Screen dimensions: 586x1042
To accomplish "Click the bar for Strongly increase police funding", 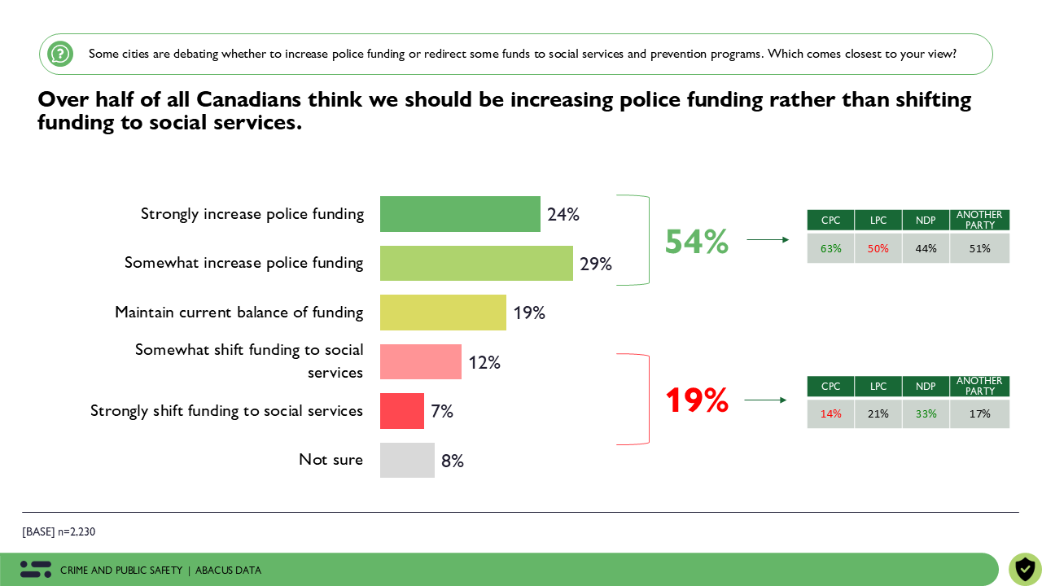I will tap(460, 214).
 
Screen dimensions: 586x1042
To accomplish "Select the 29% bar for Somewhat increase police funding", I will tap(476, 263).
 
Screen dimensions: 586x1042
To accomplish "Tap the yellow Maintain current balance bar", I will tap(443, 313).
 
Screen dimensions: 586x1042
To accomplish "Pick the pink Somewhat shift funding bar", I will tap(420, 361).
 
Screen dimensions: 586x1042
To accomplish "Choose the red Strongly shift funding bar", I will tap(401, 411).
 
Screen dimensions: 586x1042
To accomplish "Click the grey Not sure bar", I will tap(407, 460).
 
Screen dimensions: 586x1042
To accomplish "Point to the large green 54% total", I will tap(696, 242).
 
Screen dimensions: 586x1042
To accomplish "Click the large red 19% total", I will tap(696, 400).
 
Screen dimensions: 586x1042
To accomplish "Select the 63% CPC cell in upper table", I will tap(830, 248).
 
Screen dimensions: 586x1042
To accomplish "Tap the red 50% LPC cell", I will tap(878, 248).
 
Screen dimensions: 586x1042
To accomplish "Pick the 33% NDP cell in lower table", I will tap(926, 413).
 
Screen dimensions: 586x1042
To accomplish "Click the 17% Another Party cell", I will tap(979, 413).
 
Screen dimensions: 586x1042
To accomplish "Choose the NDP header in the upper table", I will tap(926, 221).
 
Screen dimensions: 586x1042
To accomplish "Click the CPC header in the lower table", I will tap(830, 387).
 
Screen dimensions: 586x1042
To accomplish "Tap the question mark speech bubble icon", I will tap(60, 54).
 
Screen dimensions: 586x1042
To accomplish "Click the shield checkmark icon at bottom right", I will tap(1025, 569).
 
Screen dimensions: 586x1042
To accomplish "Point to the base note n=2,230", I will tap(59, 531).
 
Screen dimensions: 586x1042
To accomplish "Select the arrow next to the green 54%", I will tap(768, 239).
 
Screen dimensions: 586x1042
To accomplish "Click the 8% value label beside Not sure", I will tap(453, 461).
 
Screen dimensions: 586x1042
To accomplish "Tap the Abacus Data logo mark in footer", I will tap(36, 570).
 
